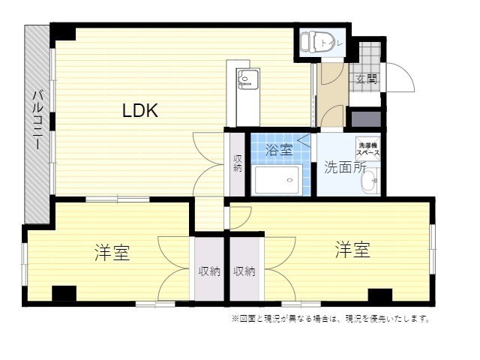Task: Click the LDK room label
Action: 140,111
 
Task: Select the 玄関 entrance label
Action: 366,79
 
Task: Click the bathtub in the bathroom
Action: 277,180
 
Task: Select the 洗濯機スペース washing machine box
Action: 368,148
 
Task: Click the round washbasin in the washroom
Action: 370,183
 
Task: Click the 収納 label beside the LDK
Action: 238,163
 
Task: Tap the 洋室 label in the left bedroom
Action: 112,253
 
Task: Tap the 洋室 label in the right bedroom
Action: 352,250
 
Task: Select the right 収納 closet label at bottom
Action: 244,271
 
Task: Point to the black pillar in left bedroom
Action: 63,294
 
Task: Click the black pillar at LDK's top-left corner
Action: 62,32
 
